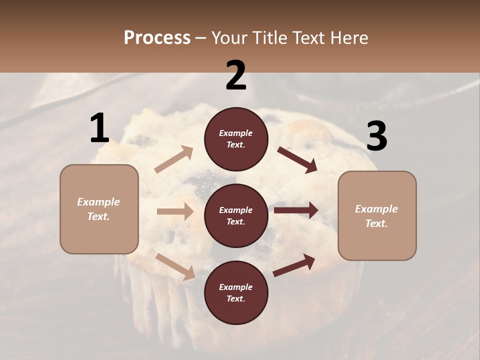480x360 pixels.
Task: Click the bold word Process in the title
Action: pos(157,37)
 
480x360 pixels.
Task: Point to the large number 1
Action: pos(99,128)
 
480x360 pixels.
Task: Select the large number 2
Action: pos(236,75)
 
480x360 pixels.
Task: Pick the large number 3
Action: pos(376,136)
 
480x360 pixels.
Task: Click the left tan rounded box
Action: pos(99,209)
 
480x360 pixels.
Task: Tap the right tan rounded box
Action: pos(377,216)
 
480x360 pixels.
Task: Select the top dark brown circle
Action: pos(236,139)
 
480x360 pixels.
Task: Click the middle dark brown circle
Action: pos(236,215)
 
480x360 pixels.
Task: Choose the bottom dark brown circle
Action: pos(236,292)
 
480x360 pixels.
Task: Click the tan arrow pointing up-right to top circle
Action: pos(174,159)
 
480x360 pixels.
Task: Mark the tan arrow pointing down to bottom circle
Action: pos(175,266)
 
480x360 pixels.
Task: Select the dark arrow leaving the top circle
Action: pos(297,160)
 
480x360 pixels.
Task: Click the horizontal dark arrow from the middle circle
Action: pos(296,210)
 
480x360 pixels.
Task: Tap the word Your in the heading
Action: pos(228,37)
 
